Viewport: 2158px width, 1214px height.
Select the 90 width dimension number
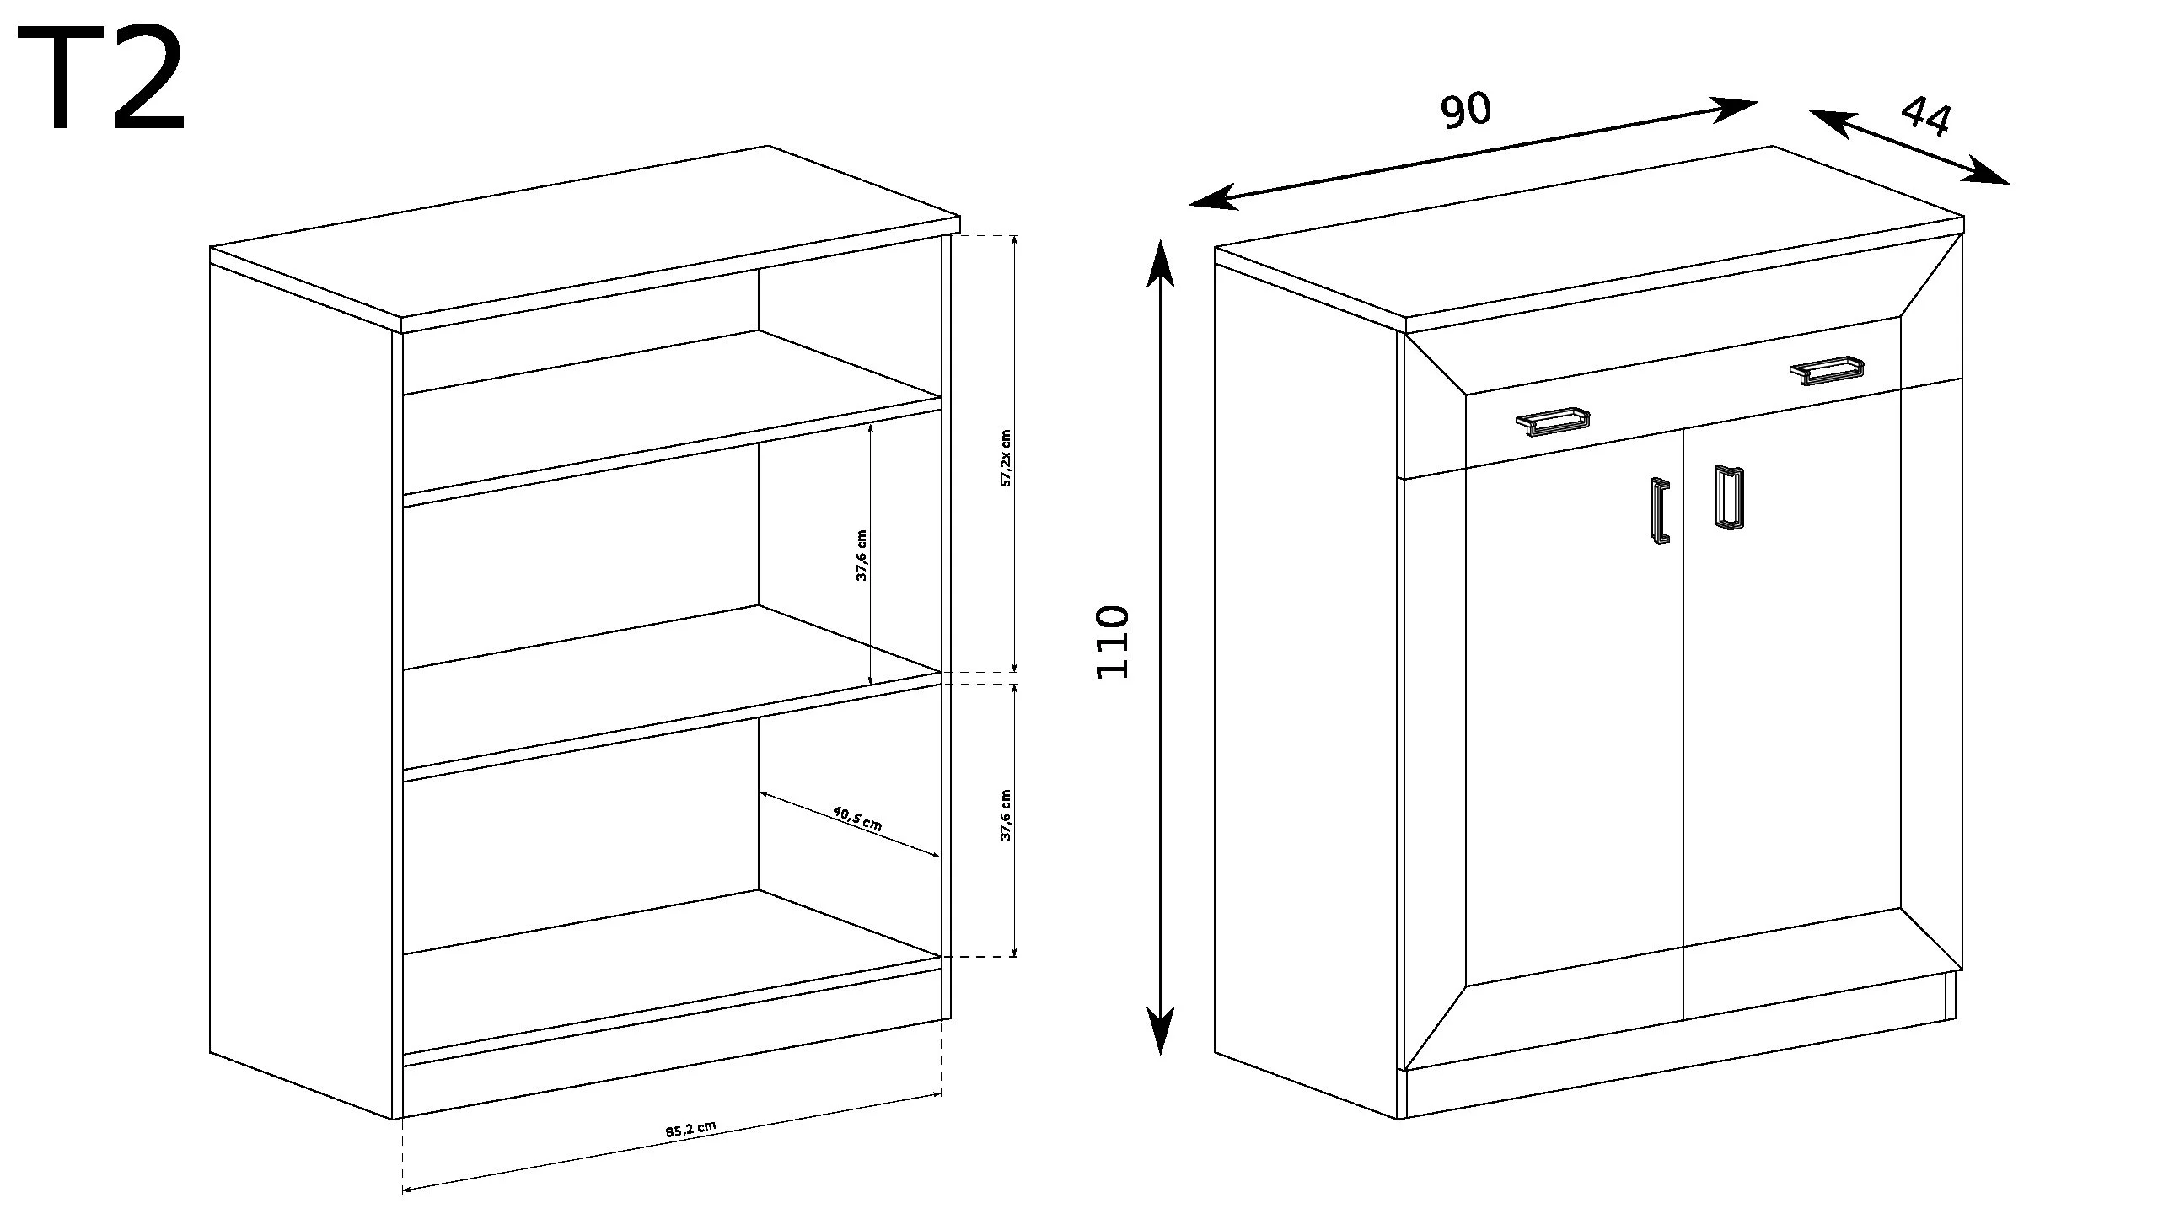(x=1466, y=110)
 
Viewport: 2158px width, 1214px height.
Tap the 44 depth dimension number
(x=1925, y=116)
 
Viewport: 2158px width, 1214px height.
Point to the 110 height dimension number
(x=1112, y=642)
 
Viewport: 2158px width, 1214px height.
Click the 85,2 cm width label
(x=690, y=1130)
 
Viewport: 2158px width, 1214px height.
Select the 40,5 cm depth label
(x=857, y=818)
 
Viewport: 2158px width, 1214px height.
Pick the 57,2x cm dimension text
(x=1005, y=458)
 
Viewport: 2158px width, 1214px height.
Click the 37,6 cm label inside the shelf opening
(x=862, y=556)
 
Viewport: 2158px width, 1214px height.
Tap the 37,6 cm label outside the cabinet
(x=1005, y=815)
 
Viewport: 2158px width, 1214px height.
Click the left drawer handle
(x=1553, y=422)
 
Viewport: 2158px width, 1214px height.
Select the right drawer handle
(x=1828, y=370)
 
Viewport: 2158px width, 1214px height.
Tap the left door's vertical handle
(x=1660, y=511)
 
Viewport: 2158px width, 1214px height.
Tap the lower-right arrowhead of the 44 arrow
(x=1987, y=171)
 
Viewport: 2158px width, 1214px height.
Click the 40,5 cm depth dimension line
(x=850, y=825)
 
